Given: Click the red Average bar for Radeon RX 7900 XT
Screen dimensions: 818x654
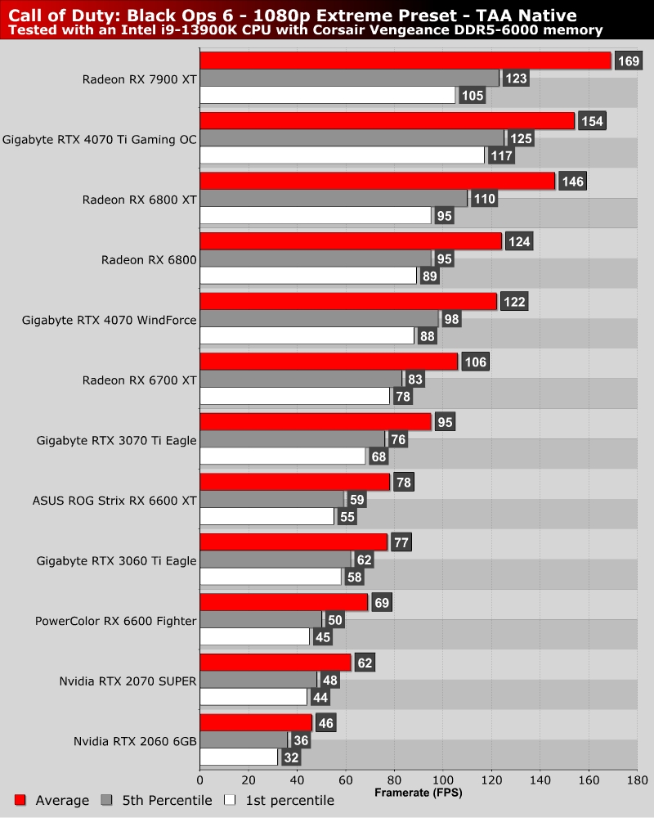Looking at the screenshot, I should (x=405, y=61).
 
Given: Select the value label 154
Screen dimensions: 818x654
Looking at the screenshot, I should (x=591, y=121).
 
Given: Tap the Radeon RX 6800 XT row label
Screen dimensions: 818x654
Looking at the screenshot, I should (x=140, y=199).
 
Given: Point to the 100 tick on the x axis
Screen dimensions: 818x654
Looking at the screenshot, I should (x=442, y=780).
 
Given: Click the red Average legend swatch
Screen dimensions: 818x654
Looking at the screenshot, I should (x=20, y=800).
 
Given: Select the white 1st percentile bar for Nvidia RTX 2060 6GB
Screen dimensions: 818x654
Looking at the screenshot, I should (x=239, y=757).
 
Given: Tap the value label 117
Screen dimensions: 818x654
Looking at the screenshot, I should (x=500, y=155).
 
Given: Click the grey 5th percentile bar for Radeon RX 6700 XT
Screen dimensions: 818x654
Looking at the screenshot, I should (x=301, y=379).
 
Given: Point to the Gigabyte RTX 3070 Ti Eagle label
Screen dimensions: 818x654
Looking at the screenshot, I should (x=117, y=440).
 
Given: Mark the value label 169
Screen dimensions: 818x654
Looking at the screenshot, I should (x=628, y=61).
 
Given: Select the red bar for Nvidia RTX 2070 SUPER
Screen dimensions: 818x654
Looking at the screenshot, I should (x=275, y=662).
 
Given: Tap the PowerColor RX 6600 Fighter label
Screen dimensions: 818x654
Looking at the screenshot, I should (x=115, y=621).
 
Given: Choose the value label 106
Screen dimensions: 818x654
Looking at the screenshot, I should (x=475, y=362).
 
